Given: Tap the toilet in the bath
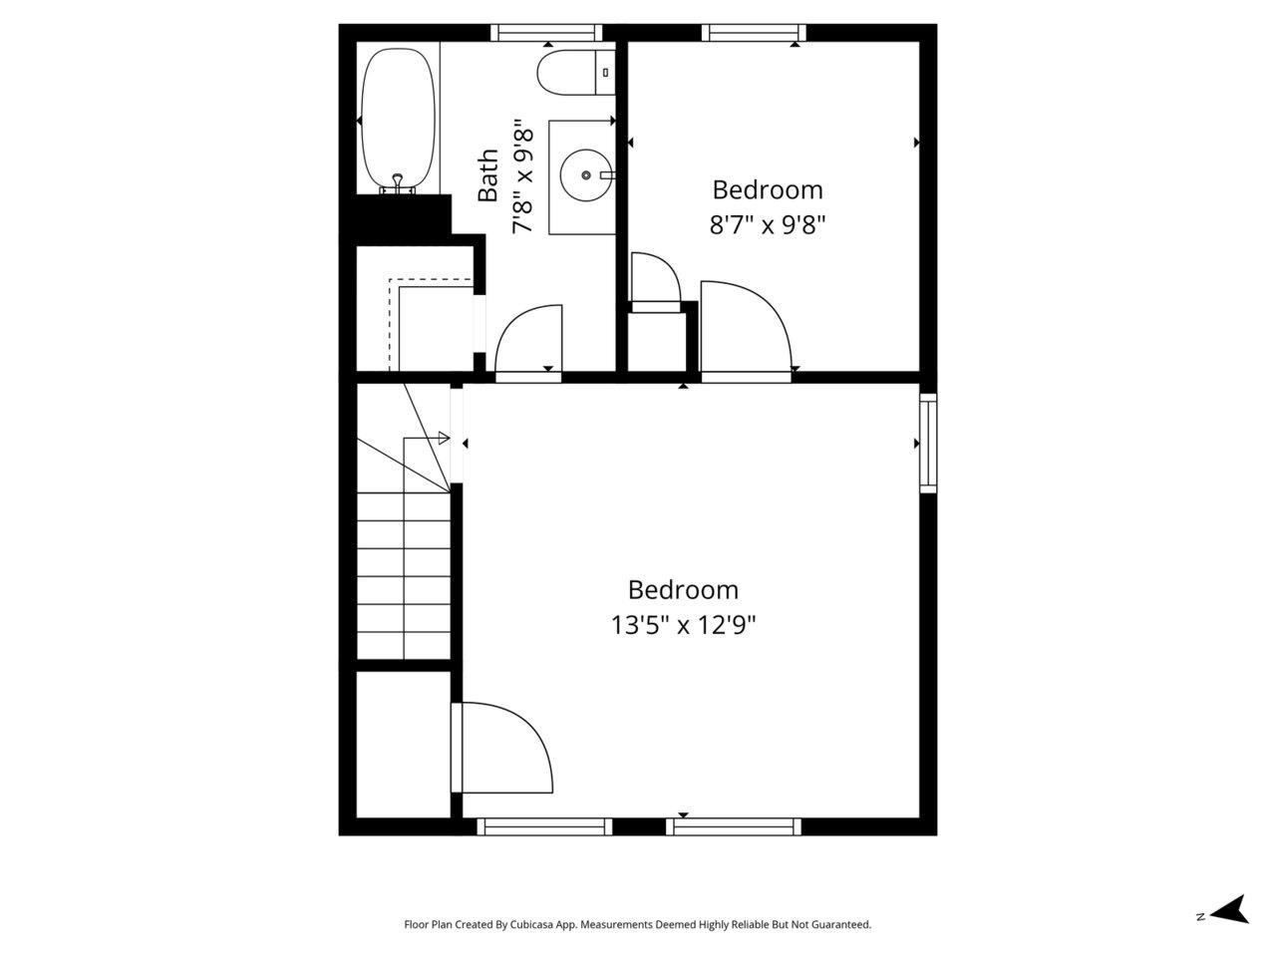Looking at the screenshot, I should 574,72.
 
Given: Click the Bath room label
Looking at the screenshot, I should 487,175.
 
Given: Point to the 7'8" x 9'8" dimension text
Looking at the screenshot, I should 524,177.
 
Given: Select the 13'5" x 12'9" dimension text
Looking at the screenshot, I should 683,626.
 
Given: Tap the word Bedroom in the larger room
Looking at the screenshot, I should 683,590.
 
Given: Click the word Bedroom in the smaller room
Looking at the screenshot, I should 768,189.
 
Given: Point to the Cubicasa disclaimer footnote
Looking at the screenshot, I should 637,925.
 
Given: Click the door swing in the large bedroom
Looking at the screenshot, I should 503,748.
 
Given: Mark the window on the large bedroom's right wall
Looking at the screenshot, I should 927,443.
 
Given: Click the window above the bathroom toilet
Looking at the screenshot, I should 547,33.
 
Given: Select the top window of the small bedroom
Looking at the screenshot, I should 754,33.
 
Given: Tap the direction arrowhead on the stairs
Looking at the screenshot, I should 444,438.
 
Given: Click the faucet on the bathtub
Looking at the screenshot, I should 398,182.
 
